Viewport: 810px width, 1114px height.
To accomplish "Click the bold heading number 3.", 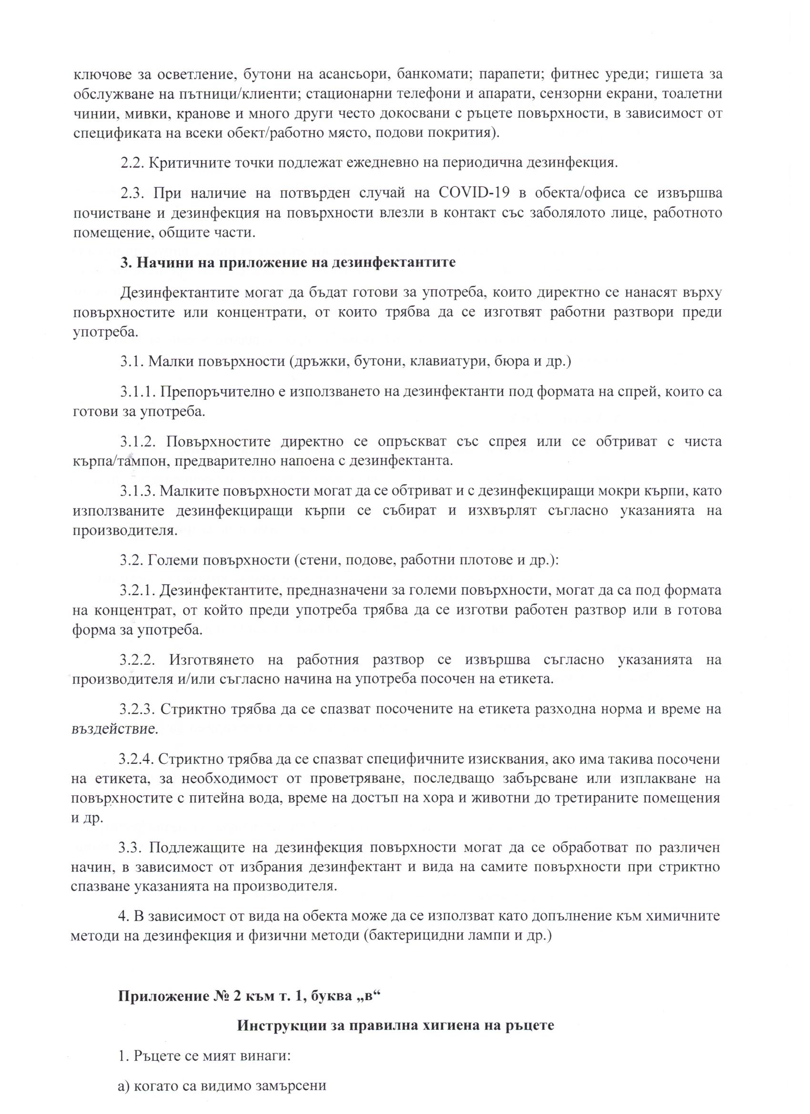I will [125, 262].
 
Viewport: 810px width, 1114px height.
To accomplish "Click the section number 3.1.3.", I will [138, 491].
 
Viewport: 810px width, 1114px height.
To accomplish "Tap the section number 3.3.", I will [131, 848].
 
